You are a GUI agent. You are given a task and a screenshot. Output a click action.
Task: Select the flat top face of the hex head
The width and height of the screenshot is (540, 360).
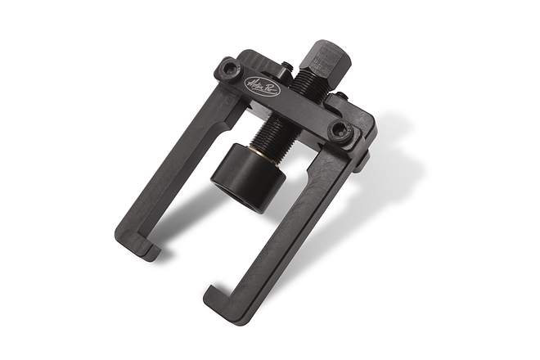[322, 45]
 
